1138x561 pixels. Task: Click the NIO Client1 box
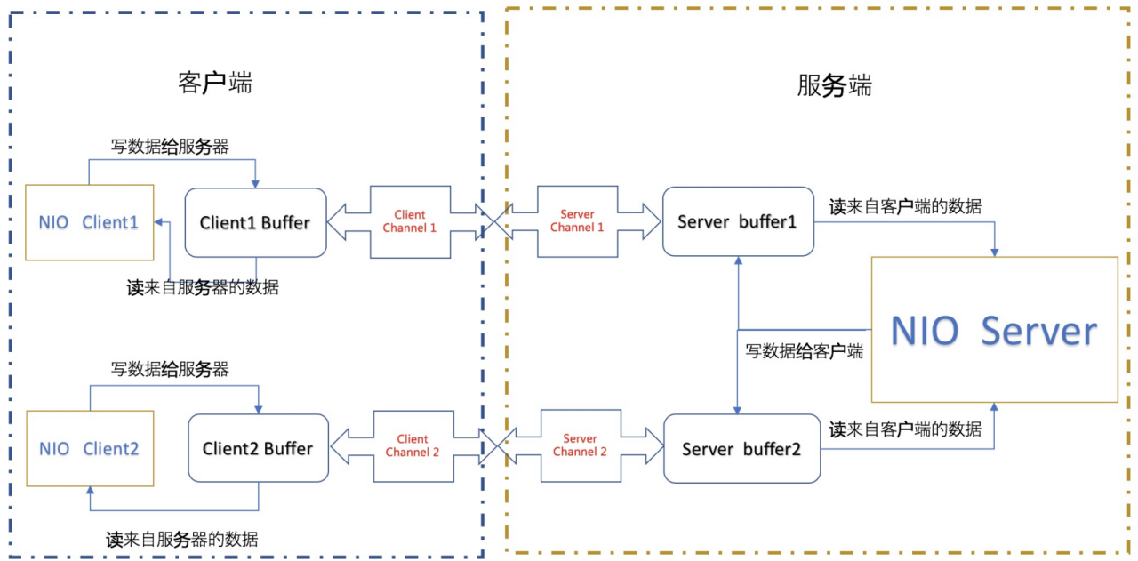(89, 222)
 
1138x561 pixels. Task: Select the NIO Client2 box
(89, 448)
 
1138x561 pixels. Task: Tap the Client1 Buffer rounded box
(255, 222)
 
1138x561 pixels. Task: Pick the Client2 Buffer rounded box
(258, 448)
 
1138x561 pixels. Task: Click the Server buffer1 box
(737, 221)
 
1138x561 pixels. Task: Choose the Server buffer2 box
(741, 449)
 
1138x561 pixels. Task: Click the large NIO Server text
(994, 331)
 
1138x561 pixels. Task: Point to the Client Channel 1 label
(410, 221)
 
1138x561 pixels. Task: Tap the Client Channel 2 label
(412, 445)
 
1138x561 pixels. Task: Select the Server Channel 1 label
(577, 221)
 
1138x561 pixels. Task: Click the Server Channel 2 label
(580, 445)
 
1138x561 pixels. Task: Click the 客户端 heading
(215, 84)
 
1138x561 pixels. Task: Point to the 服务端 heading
(834, 86)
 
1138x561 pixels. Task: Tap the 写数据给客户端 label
(804, 350)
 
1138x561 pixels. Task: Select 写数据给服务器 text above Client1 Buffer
(170, 147)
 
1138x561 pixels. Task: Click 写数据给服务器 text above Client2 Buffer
(170, 368)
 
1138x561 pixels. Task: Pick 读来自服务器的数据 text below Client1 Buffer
(203, 287)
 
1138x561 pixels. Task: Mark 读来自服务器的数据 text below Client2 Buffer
(182, 539)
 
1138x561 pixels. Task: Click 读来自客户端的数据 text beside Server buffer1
(905, 206)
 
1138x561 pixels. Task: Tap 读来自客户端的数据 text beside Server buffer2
(905, 429)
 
